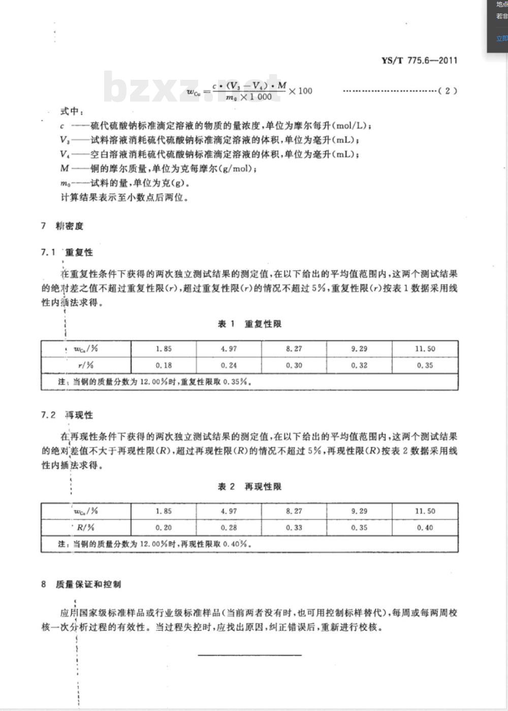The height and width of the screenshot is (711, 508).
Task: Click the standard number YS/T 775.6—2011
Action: (419, 60)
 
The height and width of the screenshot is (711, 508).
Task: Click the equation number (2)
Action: (447, 91)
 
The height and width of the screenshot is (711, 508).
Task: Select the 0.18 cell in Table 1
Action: (164, 365)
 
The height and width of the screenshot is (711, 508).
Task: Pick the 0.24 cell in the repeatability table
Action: (229, 365)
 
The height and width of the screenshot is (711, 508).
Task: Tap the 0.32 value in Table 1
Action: (359, 365)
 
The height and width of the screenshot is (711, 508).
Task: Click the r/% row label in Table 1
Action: (86, 365)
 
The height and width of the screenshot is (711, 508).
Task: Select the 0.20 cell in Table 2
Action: (164, 528)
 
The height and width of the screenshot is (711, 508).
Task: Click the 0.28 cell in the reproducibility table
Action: (229, 528)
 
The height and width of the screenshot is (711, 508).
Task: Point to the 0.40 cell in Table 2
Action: (425, 528)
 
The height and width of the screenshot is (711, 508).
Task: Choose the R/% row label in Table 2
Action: (86, 528)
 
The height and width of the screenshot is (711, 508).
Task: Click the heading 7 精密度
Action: (62, 226)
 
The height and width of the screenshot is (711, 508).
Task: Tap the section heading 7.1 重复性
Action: (67, 252)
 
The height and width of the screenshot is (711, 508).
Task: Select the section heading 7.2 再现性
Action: (67, 415)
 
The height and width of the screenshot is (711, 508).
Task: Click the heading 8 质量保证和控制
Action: (81, 585)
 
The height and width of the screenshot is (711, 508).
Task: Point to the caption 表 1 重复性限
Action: (249, 324)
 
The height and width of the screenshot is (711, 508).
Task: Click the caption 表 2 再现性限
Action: (249, 487)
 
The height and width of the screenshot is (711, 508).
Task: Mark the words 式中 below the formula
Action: (71, 111)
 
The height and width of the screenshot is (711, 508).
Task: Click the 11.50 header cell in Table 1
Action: (425, 349)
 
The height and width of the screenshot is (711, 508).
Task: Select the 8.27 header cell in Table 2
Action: (294, 511)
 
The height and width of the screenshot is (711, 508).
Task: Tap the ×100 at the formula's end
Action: (301, 91)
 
